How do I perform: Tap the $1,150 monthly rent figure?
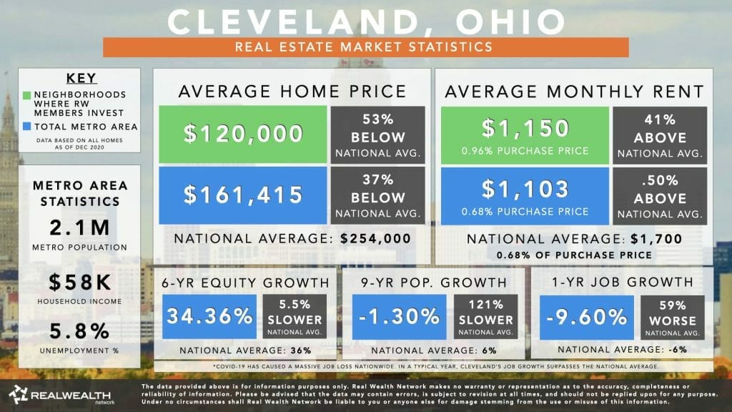[x=525, y=128]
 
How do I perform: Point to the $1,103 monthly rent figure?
[x=525, y=189]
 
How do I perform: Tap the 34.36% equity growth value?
[x=209, y=315]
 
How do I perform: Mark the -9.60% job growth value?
[x=581, y=315]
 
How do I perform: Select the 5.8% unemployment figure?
[x=79, y=331]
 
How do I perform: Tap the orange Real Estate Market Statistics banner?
[x=365, y=47]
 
